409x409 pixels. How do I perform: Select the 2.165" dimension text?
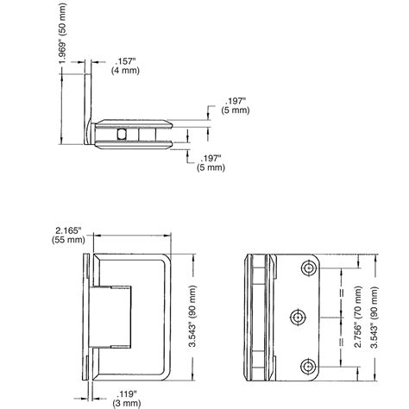66,230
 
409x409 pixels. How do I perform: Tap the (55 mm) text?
66,242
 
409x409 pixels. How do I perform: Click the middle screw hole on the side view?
296,318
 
